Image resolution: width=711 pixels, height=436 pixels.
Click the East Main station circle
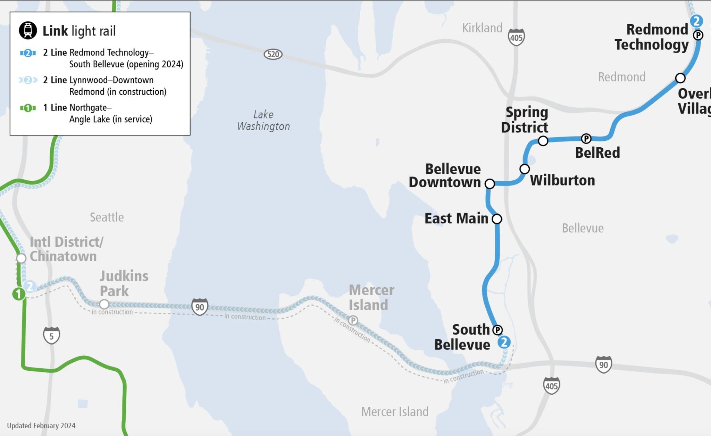497,219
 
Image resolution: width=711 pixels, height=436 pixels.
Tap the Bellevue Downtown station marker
490,184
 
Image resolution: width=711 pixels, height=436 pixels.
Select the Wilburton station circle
524,169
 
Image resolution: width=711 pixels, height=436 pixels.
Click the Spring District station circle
543,141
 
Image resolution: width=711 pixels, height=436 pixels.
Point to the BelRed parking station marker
586,139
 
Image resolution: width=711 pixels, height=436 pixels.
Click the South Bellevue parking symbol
497,330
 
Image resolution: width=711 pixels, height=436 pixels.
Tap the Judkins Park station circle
104,304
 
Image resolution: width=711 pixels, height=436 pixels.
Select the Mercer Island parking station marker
353,320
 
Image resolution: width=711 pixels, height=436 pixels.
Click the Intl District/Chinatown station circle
21,258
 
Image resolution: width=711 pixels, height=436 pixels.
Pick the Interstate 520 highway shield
273,54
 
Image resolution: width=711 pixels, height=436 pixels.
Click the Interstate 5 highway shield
51,336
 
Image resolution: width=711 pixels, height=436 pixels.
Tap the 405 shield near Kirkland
516,37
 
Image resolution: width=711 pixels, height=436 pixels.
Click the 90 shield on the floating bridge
200,307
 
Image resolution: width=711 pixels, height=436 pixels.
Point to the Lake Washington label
263,120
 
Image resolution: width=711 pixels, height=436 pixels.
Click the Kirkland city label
482,28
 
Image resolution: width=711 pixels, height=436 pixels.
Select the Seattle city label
107,217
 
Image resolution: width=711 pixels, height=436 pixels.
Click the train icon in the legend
28,30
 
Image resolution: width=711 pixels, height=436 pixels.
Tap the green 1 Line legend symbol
28,108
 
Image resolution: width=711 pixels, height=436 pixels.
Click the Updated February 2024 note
41,426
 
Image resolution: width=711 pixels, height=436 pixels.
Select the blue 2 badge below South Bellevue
504,342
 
